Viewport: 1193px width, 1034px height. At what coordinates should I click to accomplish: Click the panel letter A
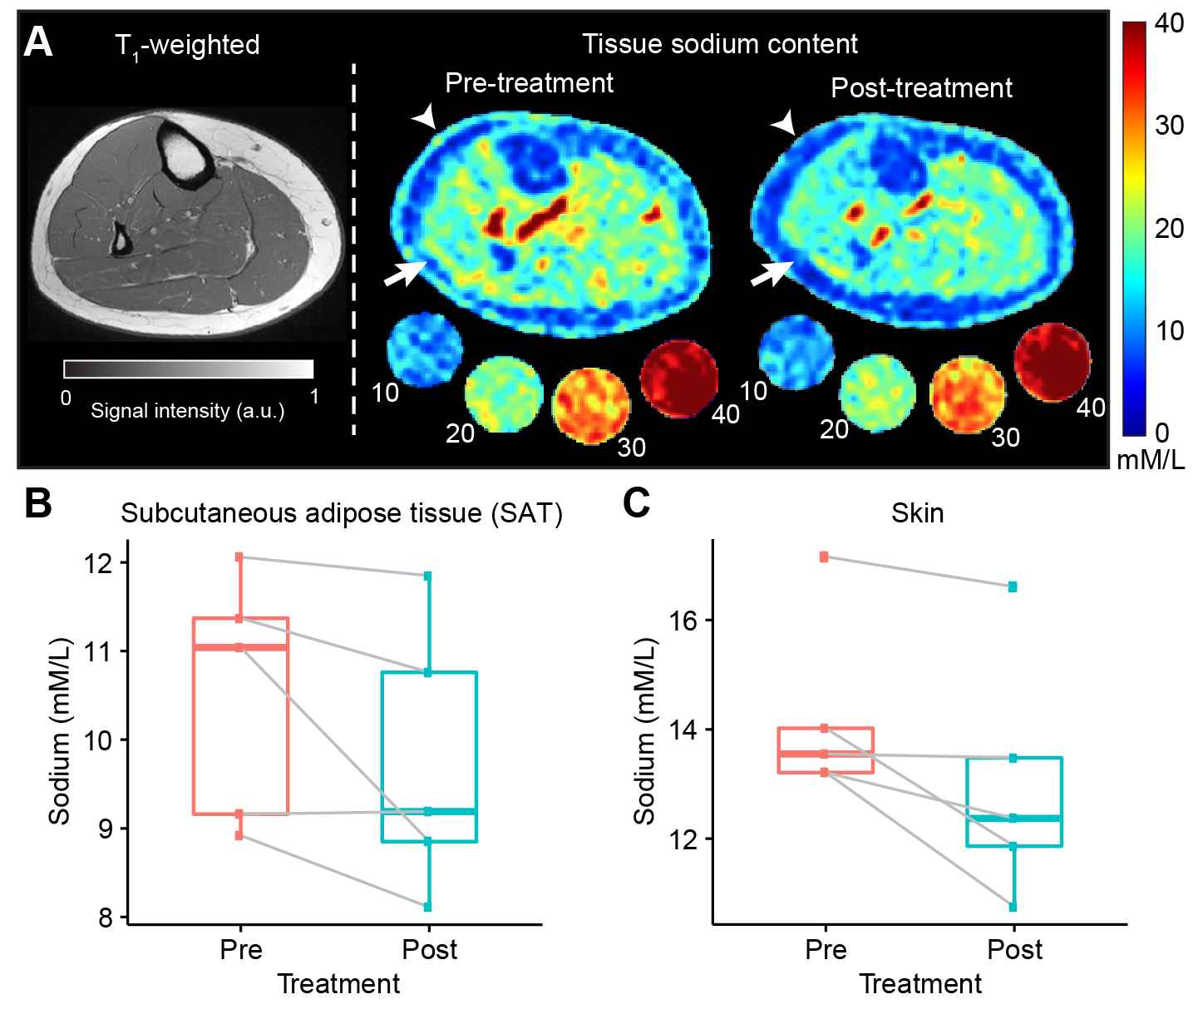point(38,42)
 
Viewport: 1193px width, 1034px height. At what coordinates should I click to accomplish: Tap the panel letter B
point(38,503)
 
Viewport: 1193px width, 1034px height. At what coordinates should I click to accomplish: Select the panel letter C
point(636,503)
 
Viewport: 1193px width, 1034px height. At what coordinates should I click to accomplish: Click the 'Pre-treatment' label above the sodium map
point(529,83)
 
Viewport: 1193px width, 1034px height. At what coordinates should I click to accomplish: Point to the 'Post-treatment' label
point(921,88)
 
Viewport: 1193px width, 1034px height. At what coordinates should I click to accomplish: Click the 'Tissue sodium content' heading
point(719,44)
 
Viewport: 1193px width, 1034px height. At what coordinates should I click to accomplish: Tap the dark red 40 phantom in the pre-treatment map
point(678,378)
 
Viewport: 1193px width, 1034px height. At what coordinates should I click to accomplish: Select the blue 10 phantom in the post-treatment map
point(796,352)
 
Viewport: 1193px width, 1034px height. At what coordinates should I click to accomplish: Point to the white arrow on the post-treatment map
point(772,272)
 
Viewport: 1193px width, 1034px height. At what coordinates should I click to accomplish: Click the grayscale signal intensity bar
point(189,369)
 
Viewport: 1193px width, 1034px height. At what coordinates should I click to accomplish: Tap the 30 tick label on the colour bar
point(1169,126)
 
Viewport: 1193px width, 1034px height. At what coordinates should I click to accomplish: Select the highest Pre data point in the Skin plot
point(824,557)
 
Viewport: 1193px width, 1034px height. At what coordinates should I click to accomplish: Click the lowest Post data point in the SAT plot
point(428,907)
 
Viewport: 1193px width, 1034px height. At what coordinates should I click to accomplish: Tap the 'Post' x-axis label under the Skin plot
point(1014,950)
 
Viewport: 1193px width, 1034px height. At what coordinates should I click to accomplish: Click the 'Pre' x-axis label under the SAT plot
point(241,950)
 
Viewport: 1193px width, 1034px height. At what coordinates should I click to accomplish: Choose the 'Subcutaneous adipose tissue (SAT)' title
point(342,513)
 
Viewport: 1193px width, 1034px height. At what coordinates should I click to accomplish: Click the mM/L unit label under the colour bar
point(1151,460)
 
